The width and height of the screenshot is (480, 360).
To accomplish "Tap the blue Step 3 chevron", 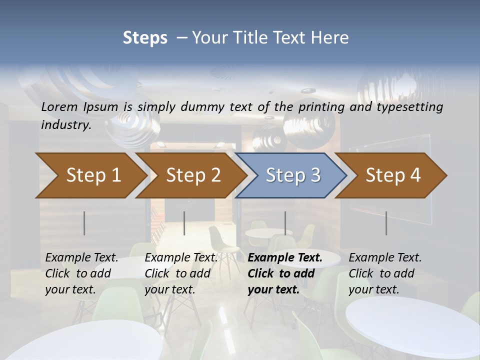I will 293,175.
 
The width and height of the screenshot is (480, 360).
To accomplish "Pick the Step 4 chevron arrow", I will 393,175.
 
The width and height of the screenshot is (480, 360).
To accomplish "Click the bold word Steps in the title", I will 145,37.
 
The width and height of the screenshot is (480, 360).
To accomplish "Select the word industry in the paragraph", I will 66,125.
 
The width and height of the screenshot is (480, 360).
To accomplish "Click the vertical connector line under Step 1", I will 84,223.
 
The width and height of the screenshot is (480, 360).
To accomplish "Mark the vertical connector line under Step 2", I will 184,223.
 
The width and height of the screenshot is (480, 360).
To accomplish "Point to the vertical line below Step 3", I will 285,223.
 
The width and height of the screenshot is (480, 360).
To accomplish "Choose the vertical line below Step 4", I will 386,223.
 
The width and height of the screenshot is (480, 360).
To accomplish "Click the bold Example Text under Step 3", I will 285,258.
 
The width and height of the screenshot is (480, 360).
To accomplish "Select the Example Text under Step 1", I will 82,258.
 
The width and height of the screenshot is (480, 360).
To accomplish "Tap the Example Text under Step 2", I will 181,258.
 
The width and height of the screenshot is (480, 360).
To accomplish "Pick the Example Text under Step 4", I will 385,258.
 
